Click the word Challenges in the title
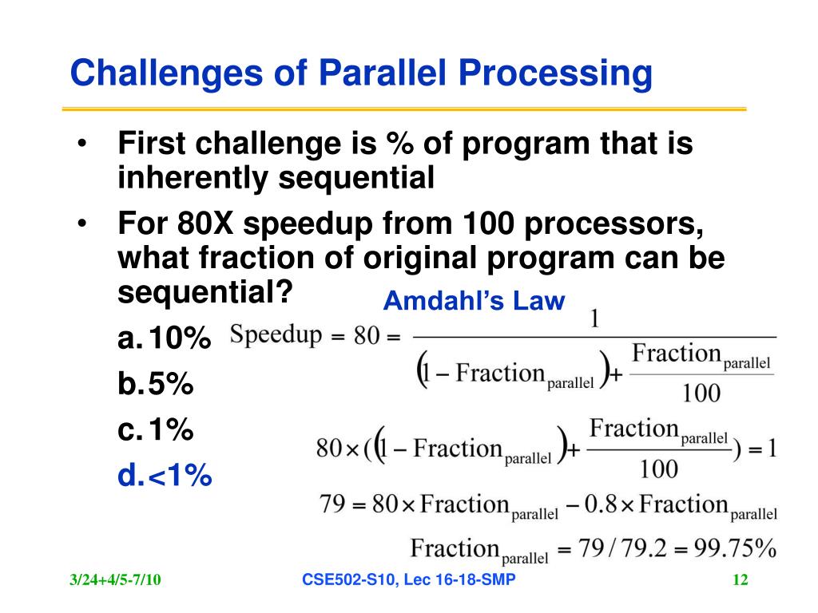[x=166, y=73]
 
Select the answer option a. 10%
[x=164, y=338]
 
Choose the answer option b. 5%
[x=156, y=384]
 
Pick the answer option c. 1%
[x=156, y=429]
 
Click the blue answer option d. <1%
[x=165, y=476]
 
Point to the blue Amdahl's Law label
[x=475, y=301]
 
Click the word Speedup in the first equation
[x=276, y=334]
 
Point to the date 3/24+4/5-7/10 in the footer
[x=115, y=579]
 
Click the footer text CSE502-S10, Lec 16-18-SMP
[x=408, y=579]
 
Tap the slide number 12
[x=741, y=579]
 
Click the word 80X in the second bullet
[x=205, y=223]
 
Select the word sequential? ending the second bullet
[x=205, y=293]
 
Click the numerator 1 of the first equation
[x=594, y=318]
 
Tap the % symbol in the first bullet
[x=399, y=144]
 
